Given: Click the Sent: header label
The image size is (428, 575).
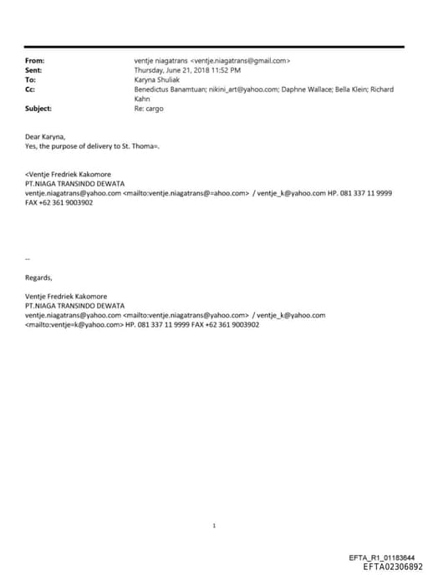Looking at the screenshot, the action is point(33,70).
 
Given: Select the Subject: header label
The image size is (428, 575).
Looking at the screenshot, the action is point(38,108).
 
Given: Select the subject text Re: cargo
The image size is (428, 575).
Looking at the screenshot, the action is point(149,108).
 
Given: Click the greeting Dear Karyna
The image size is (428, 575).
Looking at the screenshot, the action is point(44,136).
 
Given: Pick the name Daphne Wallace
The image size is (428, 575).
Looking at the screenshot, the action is point(298,89).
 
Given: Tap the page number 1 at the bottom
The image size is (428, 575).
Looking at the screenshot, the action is point(214,525).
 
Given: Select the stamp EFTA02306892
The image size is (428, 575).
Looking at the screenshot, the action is point(387,566).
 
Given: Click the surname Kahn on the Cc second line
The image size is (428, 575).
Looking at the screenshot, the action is point(142,98).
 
